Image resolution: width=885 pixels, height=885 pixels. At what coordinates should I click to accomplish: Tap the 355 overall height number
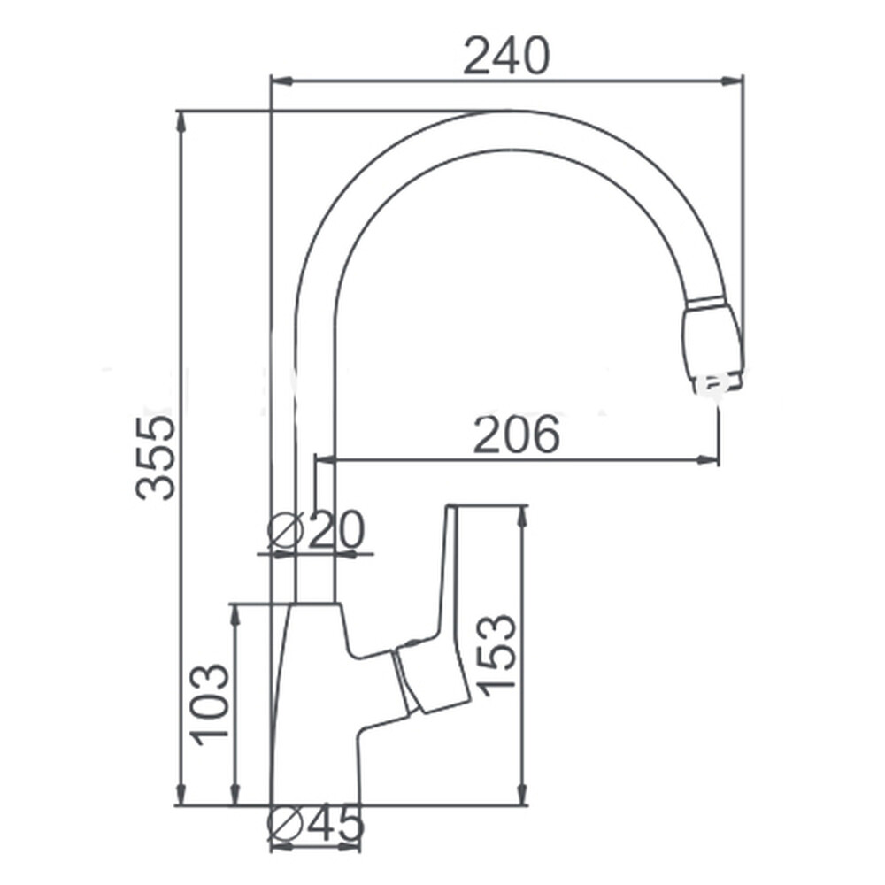(157, 458)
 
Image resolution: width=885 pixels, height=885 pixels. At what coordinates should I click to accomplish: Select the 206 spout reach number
(517, 434)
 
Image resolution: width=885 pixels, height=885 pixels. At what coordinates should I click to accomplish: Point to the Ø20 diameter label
(316, 530)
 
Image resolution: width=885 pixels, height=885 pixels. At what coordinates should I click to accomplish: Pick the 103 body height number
(210, 704)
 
